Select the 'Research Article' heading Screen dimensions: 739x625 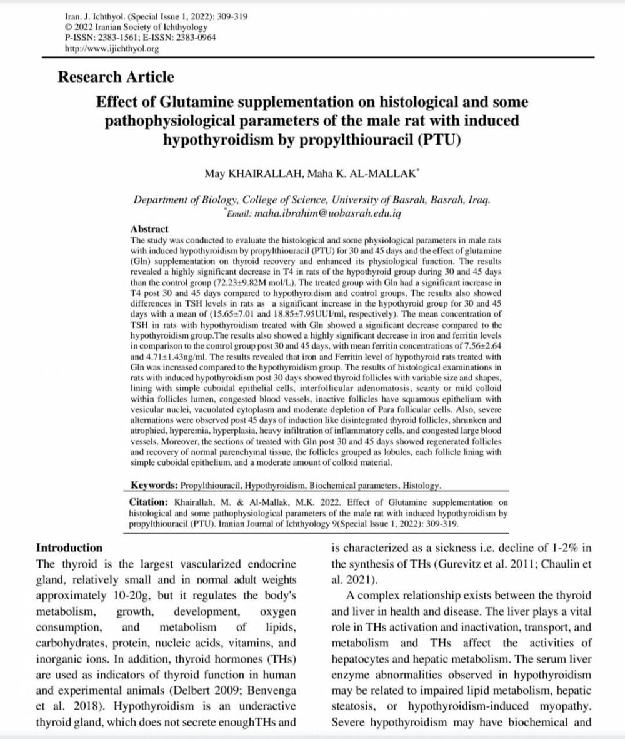(116, 78)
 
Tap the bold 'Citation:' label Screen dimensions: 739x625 (149, 502)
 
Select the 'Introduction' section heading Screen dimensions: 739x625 (69, 548)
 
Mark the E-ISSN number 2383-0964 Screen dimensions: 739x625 (196, 38)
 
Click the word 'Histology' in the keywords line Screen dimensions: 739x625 (421, 486)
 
